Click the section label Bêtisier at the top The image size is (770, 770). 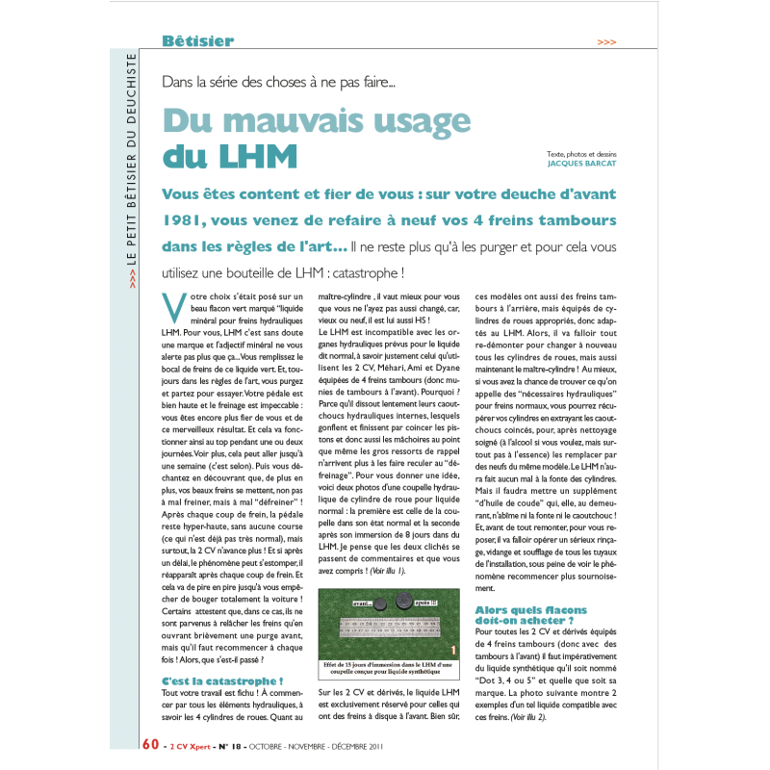click(x=197, y=41)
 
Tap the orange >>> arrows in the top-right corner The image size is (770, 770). click(x=606, y=42)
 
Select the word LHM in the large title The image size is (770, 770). click(x=258, y=156)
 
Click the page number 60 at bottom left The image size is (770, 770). click(x=150, y=744)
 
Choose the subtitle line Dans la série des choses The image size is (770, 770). click(x=279, y=83)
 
